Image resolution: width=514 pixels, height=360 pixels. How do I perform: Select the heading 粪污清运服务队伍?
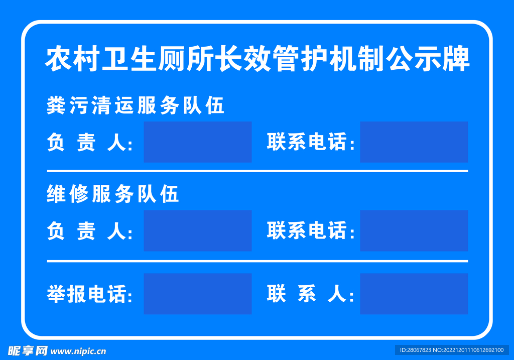[136, 106]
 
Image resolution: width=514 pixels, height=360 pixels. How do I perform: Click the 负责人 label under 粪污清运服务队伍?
[89, 144]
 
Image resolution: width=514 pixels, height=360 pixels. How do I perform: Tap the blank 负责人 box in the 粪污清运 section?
[197, 142]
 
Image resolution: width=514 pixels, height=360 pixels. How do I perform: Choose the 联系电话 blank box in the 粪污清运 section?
[414, 142]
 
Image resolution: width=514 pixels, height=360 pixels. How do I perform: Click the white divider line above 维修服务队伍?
[257, 171]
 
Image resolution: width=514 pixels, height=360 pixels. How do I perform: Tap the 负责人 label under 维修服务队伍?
[89, 232]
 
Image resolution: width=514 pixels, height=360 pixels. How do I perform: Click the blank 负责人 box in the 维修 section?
[197, 230]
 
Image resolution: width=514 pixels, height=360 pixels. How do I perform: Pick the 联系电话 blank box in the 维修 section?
[414, 230]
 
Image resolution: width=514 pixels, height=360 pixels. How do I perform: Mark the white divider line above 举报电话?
[257, 261]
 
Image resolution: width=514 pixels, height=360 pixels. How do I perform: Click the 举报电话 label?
[89, 295]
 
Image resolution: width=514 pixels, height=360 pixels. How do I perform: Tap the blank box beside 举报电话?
[197, 294]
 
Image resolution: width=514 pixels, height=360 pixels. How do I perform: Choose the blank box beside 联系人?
[414, 294]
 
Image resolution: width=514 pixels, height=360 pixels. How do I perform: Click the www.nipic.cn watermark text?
[79, 351]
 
